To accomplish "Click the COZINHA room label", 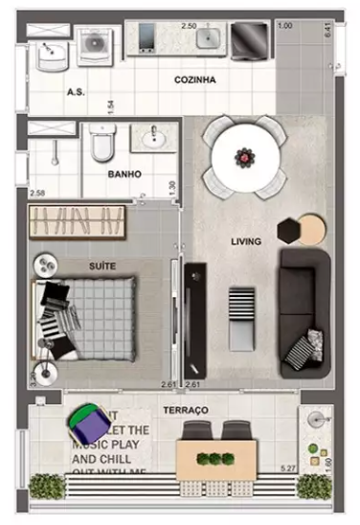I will coord(194,81).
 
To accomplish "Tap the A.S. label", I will coord(77,93).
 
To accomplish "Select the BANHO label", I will coord(124,174).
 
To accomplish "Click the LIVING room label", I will coord(246,242).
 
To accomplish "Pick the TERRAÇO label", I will coord(185,409).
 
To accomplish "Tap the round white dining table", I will coord(245,156).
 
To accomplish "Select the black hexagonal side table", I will coord(288,231).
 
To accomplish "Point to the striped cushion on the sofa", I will coord(305,349).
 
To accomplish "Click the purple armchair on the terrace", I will coord(87,421).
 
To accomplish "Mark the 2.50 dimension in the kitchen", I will coord(189,26).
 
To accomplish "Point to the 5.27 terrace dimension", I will coord(286,468).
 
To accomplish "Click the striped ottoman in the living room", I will coord(241,305).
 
